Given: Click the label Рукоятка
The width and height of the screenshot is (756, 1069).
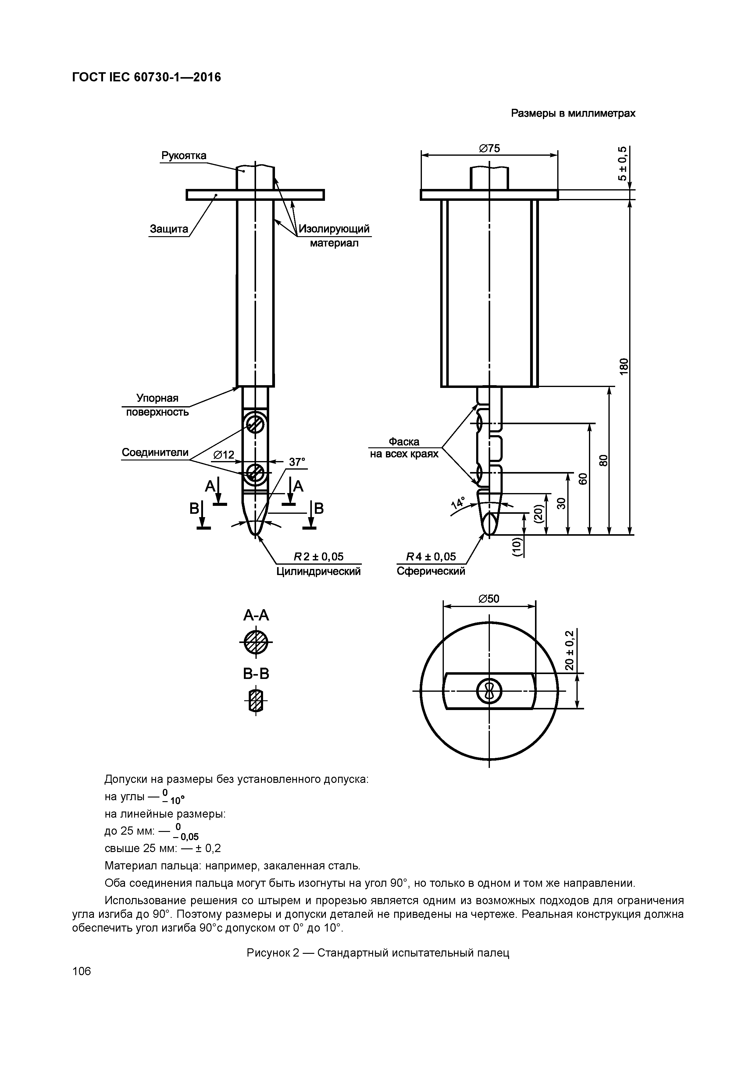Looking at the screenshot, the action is (184, 155).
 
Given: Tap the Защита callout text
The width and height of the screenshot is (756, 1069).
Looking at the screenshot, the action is (169, 229).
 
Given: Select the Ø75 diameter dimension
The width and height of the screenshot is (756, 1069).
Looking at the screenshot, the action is (489, 148).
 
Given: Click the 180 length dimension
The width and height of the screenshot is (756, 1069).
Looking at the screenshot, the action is (624, 365).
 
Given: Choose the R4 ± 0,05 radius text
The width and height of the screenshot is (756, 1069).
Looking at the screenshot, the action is (431, 557).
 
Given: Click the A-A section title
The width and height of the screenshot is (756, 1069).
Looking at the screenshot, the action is (256, 616).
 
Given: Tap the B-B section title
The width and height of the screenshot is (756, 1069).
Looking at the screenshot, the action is (256, 674).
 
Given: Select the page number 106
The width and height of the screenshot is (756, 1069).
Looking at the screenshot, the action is (81, 971).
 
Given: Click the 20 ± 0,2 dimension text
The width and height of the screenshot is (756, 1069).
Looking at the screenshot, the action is (569, 650).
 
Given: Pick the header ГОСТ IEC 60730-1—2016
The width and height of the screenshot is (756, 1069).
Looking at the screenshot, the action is (147, 77).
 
